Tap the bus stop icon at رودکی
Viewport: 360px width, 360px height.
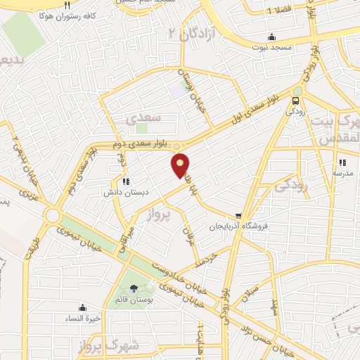pos(296,99)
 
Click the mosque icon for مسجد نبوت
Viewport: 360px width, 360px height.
pos(272,37)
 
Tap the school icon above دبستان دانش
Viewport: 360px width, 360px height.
pos(126,181)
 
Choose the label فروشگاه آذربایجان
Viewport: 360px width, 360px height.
pos(238,227)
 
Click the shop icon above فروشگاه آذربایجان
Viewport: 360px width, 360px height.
pos(239,217)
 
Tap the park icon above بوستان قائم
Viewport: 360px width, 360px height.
pos(134,288)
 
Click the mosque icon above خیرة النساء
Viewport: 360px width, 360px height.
pos(83,307)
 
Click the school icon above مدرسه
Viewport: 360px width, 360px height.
pos(342,162)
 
